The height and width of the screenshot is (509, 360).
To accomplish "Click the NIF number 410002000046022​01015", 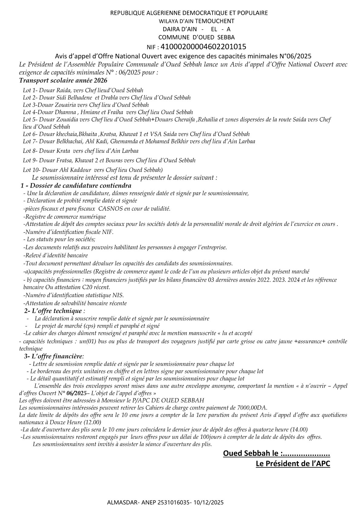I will [203, 47].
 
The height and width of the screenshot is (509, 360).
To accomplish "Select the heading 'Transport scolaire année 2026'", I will [63, 80].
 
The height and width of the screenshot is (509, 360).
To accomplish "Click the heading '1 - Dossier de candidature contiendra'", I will [76, 185].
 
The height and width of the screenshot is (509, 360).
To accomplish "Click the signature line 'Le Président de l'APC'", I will [293, 463].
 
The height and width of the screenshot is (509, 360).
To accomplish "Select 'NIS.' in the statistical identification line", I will [118, 295].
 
